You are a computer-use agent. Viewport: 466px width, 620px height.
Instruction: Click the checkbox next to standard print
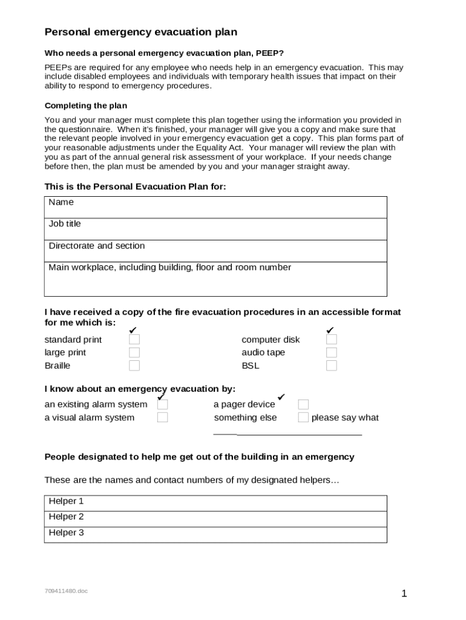[x=134, y=340]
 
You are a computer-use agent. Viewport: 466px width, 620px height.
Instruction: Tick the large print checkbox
[x=134, y=352]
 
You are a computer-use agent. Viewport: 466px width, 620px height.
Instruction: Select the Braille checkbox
[x=134, y=366]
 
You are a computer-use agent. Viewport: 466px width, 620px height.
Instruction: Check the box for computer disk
[x=332, y=340]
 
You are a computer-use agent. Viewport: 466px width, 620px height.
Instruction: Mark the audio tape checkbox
[x=332, y=352]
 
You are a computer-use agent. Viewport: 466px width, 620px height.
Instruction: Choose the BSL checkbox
[x=332, y=366]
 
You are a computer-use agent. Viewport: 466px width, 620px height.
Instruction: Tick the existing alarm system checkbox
[x=162, y=404]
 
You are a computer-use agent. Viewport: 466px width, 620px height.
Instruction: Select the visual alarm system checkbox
[x=162, y=417]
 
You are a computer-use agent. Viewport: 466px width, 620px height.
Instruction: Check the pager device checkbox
[x=303, y=404]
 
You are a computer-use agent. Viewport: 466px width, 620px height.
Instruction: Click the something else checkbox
[x=303, y=417]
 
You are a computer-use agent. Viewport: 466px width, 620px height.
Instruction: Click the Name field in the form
[x=215, y=207]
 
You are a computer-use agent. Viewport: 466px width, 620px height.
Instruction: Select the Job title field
[x=215, y=229]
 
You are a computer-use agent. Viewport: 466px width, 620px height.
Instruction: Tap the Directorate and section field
[x=215, y=251]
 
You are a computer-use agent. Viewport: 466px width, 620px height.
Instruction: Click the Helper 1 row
[x=215, y=503]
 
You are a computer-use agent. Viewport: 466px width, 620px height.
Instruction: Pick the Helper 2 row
[x=215, y=518]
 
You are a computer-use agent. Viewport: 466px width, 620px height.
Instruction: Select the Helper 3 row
[x=215, y=534]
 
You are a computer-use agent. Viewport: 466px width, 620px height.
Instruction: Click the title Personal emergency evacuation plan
[x=141, y=32]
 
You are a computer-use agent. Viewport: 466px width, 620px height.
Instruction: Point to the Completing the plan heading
[x=86, y=105]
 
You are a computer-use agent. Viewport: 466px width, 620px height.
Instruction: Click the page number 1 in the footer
[x=404, y=594]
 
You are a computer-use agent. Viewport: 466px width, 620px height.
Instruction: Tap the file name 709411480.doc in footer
[x=66, y=591]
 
